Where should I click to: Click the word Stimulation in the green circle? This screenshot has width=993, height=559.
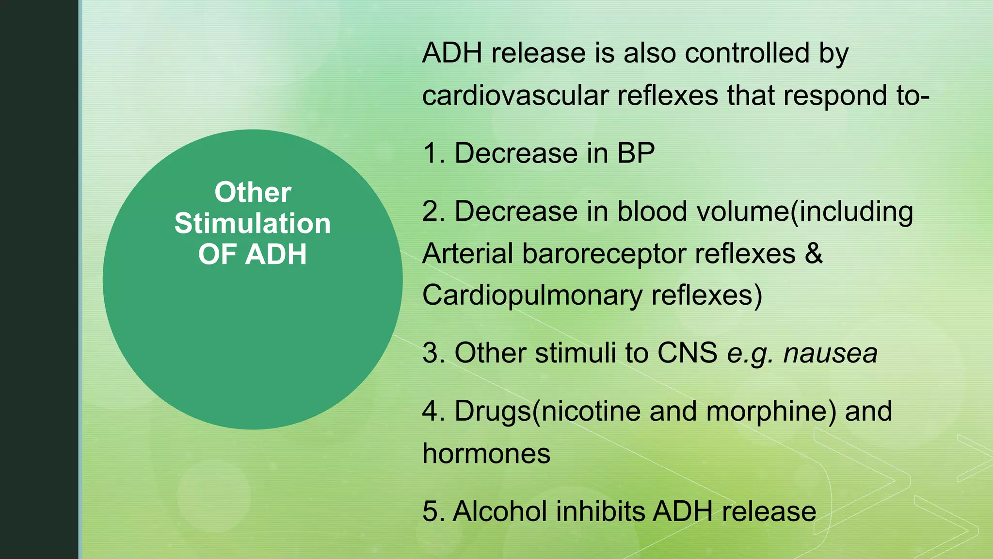[252, 224]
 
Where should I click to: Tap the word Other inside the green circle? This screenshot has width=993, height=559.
[253, 192]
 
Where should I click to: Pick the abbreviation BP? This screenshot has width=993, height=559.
[636, 153]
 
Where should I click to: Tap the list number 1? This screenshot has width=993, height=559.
[431, 153]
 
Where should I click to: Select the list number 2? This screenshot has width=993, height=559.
[431, 212]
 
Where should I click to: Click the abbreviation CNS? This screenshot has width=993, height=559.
[687, 353]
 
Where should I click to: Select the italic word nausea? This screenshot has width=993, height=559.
[830, 353]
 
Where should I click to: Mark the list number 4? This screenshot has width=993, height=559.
[431, 411]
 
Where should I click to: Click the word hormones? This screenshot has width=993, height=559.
[486, 454]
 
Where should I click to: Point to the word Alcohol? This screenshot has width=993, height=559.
[499, 511]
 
